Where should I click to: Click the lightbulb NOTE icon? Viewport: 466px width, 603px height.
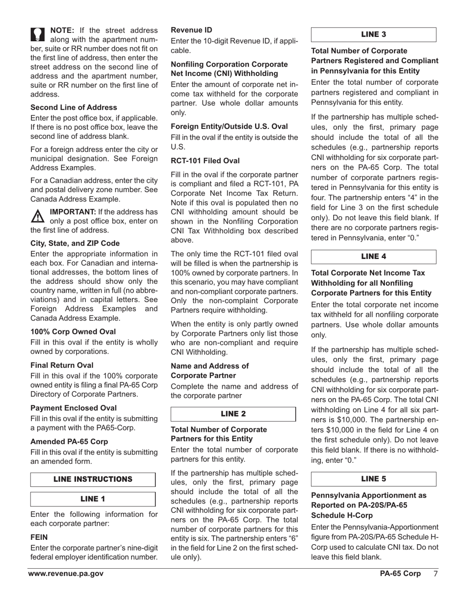tap(38, 34)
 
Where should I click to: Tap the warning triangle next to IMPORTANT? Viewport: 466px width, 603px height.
tap(38, 215)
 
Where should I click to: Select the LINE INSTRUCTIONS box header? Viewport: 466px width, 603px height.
tap(93, 479)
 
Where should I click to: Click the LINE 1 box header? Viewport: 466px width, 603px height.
tap(93, 499)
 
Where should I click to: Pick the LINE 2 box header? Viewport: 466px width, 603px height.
tap(233, 414)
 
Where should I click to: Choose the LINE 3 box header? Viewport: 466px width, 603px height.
tap(373, 34)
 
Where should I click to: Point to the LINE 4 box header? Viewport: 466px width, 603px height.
tap(373, 256)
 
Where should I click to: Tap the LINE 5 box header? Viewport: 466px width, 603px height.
tap(373, 478)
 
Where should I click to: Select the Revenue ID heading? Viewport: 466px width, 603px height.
tap(191, 30)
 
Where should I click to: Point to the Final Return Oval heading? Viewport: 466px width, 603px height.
tap(62, 365)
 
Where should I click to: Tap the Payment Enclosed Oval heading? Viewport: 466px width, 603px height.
tap(74, 408)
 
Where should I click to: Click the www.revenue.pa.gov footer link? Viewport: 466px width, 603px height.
tap(66, 574)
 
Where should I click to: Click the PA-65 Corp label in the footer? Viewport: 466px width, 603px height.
tap(400, 574)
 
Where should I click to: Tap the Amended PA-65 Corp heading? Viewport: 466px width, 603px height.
tap(69, 441)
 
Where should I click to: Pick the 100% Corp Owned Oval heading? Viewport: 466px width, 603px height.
tap(73, 331)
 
